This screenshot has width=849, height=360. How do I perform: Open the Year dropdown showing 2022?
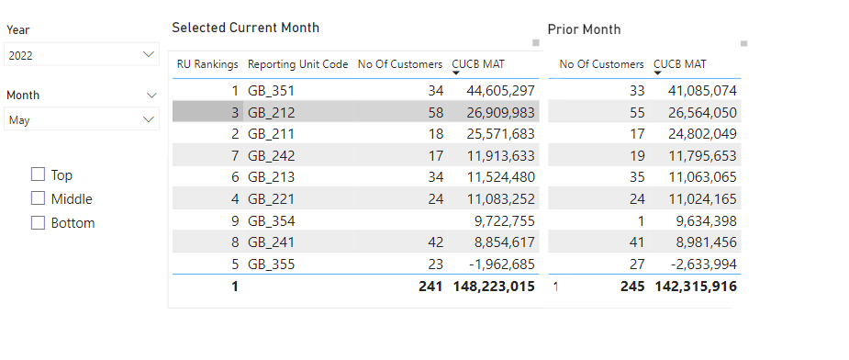pos(82,55)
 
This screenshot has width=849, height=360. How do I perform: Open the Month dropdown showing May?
pos(82,119)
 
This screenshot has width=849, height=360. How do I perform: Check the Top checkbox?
pos(38,174)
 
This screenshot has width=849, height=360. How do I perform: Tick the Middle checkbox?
pos(38,198)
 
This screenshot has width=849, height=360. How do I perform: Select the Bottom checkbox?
pos(38,222)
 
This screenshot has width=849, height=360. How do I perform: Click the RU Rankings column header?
pos(207,64)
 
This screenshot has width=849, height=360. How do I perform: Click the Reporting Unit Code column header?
pos(297,64)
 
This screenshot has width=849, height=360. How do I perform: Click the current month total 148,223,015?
pos(494,287)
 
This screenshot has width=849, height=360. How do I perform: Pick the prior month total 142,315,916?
pos(696,287)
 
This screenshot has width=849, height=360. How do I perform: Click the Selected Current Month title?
pos(246,28)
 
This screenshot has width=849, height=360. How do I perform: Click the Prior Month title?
pos(584,29)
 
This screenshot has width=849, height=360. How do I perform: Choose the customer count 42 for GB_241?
pos(434,242)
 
